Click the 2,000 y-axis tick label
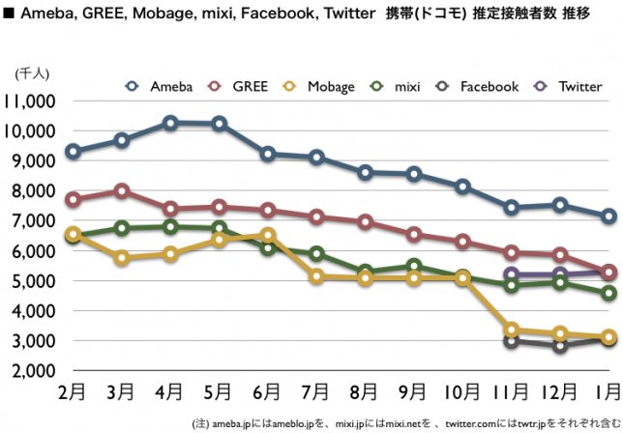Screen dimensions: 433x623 pos(36,372)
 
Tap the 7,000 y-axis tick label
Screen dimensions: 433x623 pos(36,221)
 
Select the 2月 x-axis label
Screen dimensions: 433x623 pos(73,394)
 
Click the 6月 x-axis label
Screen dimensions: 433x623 pos(269,394)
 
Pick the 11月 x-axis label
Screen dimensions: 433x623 pos(511,394)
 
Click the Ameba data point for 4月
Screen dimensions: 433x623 pos(170,123)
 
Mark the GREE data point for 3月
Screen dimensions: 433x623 pos(122,190)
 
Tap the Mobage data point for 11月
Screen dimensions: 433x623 pos(512,330)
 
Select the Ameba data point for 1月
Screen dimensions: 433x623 pos(608,216)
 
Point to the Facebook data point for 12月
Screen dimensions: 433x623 pos(560,345)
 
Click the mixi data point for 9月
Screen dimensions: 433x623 pos(414,266)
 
